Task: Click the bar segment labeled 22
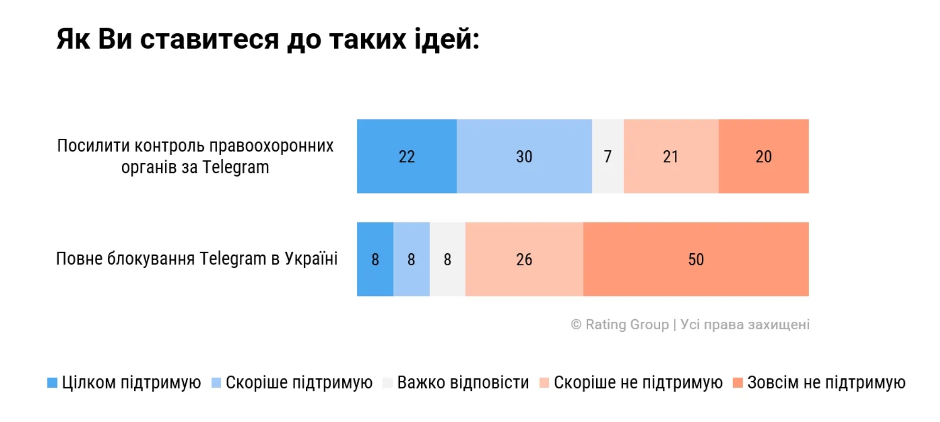407,156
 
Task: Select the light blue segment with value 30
524,156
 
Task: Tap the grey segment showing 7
607,156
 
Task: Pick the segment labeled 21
671,156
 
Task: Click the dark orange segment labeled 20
764,156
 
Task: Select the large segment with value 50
696,259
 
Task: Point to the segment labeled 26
524,259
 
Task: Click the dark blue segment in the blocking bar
375,259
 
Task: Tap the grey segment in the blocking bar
447,259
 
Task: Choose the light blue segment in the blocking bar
411,259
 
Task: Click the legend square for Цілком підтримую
52,383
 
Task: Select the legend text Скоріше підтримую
299,382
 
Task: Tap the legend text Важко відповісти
463,382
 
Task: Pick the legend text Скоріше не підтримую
638,382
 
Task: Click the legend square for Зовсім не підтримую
738,383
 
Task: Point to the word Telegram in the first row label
236,167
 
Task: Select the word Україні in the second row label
311,258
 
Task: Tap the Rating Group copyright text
690,324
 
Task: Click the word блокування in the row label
151,258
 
